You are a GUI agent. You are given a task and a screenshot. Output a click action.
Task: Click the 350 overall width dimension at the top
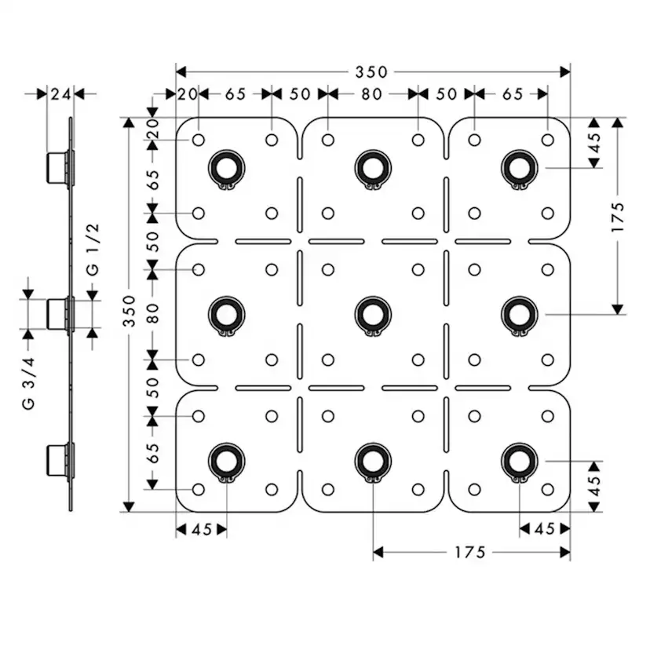(x=371, y=72)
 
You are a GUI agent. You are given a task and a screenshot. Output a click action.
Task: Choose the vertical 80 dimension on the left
(x=153, y=314)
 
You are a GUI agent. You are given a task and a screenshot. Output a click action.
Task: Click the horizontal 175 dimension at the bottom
(x=469, y=553)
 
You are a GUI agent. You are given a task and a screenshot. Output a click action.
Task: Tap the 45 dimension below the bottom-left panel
(x=201, y=530)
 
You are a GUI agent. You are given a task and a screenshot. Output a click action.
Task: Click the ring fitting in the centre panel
(x=372, y=314)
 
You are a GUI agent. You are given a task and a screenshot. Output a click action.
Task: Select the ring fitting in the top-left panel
(x=226, y=167)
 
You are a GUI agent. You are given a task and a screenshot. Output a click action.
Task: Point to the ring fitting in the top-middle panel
(x=372, y=167)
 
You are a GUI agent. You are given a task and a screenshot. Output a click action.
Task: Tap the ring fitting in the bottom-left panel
(x=226, y=461)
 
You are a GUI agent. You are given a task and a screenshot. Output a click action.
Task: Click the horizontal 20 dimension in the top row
(x=187, y=94)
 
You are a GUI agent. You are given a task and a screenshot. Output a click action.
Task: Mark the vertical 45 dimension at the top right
(x=593, y=143)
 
